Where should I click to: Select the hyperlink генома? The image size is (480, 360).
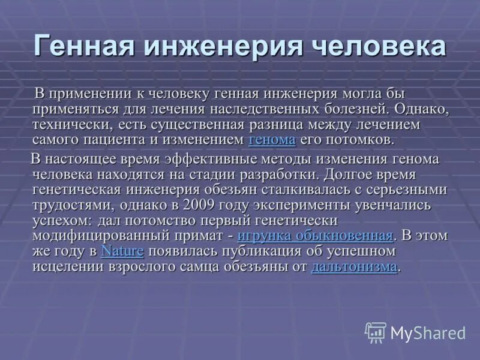click(272, 140)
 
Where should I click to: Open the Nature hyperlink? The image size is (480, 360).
click(122, 251)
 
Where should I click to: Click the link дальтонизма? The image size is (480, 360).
click(354, 266)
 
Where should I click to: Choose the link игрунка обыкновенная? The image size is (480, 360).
click(315, 235)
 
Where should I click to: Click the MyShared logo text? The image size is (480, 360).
click(427, 332)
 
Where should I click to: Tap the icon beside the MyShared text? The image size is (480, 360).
click(376, 332)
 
